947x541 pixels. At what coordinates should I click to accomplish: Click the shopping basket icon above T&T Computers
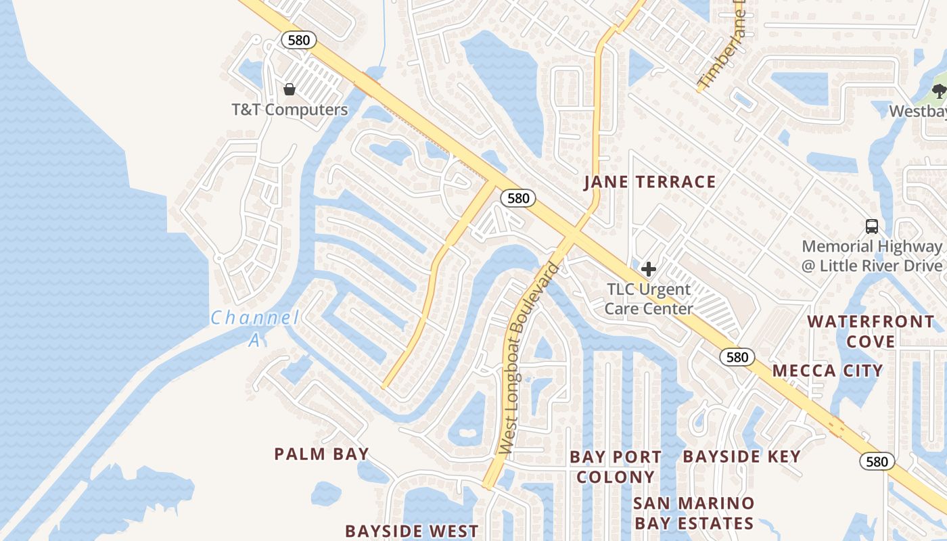(290, 89)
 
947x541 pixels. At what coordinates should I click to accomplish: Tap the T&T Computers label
(290, 110)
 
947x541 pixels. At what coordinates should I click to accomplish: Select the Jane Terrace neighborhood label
(649, 181)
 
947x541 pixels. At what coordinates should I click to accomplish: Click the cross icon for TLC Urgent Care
(649, 269)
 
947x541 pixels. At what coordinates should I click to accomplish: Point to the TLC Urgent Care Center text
(649, 299)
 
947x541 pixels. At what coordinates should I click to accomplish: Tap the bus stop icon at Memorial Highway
(872, 227)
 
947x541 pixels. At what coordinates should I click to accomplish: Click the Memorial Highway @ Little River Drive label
(872, 256)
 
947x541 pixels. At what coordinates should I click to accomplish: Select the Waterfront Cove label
(871, 331)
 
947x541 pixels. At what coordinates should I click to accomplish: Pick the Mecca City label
(827, 371)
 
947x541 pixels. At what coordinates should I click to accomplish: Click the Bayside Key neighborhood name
(741, 456)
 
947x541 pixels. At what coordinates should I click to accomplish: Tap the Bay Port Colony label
(616, 467)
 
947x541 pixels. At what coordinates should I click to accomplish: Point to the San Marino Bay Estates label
(694, 513)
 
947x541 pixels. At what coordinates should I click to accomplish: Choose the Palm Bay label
(321, 454)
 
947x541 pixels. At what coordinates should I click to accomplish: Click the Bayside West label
(411, 531)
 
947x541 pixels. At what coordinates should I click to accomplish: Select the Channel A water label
(254, 327)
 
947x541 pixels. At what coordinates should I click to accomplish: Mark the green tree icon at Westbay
(939, 91)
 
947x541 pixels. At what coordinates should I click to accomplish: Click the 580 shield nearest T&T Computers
(298, 40)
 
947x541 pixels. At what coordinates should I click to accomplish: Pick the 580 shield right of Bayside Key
(877, 462)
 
